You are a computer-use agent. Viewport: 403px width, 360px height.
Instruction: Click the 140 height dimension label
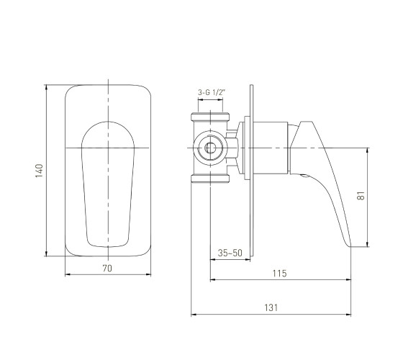coord(39,171)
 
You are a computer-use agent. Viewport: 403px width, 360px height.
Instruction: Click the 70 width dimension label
coord(107,269)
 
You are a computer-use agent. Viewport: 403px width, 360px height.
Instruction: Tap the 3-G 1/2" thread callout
coord(212,92)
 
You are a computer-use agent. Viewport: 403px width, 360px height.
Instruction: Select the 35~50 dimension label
coord(230,253)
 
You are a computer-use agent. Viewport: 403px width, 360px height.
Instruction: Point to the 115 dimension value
coord(280,274)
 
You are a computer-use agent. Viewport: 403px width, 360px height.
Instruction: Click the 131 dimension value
coord(271,307)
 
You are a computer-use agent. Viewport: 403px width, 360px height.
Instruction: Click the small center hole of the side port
coord(210,148)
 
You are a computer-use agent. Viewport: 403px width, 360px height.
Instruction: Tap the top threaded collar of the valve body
coord(210,117)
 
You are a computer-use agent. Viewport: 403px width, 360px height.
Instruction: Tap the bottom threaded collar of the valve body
coord(210,179)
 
